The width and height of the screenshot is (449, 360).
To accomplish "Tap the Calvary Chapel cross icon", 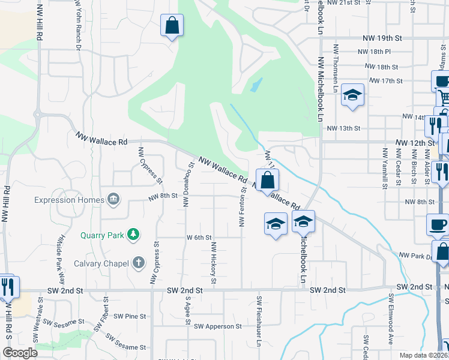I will tap(139, 262).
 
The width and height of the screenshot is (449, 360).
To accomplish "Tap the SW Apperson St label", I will tap(217, 326).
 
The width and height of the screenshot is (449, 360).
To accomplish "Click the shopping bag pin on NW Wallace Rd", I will tap(267, 179).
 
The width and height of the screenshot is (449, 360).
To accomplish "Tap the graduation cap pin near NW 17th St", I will tap(352, 95).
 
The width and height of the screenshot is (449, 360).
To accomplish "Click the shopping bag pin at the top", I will tap(172, 25).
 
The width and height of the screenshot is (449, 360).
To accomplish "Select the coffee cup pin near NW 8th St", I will tap(437, 224).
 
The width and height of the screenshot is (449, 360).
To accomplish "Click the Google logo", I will tap(20, 353).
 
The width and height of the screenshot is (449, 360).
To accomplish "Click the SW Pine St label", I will tap(130, 316).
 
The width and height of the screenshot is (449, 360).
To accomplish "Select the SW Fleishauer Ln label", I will tap(260, 321).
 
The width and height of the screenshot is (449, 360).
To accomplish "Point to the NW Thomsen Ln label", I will tap(337, 64).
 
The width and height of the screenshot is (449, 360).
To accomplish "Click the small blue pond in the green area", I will tap(256, 85).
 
